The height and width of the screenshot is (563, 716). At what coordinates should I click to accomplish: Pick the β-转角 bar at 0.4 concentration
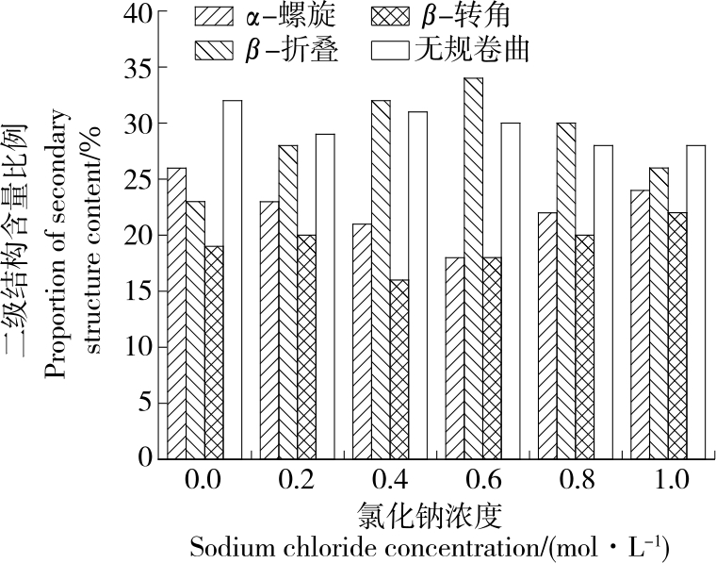(399, 368)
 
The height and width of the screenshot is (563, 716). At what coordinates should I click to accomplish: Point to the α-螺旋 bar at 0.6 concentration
(454, 357)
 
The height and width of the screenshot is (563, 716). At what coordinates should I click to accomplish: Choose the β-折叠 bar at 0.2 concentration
(287, 302)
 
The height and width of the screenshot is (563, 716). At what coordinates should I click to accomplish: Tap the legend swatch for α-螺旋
(215, 16)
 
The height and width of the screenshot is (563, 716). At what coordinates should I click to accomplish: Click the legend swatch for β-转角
(387, 16)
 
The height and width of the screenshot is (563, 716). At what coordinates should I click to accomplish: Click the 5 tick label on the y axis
(145, 403)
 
